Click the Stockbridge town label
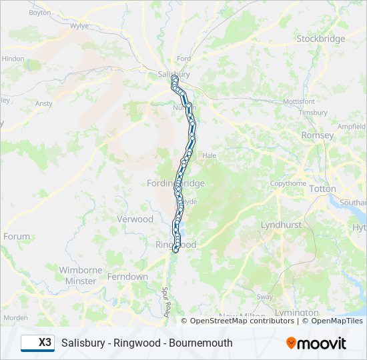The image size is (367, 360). pyautogui.click(x=321, y=39)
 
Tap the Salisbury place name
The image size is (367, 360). pyautogui.click(x=173, y=75)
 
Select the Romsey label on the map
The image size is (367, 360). pyautogui.click(x=318, y=135)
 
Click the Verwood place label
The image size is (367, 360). pyautogui.click(x=135, y=219)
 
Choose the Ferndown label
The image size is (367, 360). pyautogui.click(x=127, y=277)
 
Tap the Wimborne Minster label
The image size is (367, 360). pyautogui.click(x=81, y=276)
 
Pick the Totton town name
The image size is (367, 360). pyautogui.click(x=323, y=189)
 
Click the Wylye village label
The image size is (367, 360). pyautogui.click(x=79, y=27)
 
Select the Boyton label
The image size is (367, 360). pyautogui.click(x=40, y=13)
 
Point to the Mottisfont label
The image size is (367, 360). pyautogui.click(x=299, y=101)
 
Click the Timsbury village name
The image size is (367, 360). pyautogui.click(x=313, y=113)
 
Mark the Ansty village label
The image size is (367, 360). pyautogui.click(x=44, y=104)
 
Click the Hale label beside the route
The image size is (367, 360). pyautogui.click(x=210, y=155)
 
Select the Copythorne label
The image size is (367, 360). pyautogui.click(x=288, y=183)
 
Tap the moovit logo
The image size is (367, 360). pyautogui.click(x=316, y=343)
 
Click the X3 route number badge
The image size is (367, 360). pyautogui.click(x=37, y=343)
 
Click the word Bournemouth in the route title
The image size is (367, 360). pyautogui.click(x=200, y=343)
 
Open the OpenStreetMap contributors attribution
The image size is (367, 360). pyautogui.click(x=242, y=321)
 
